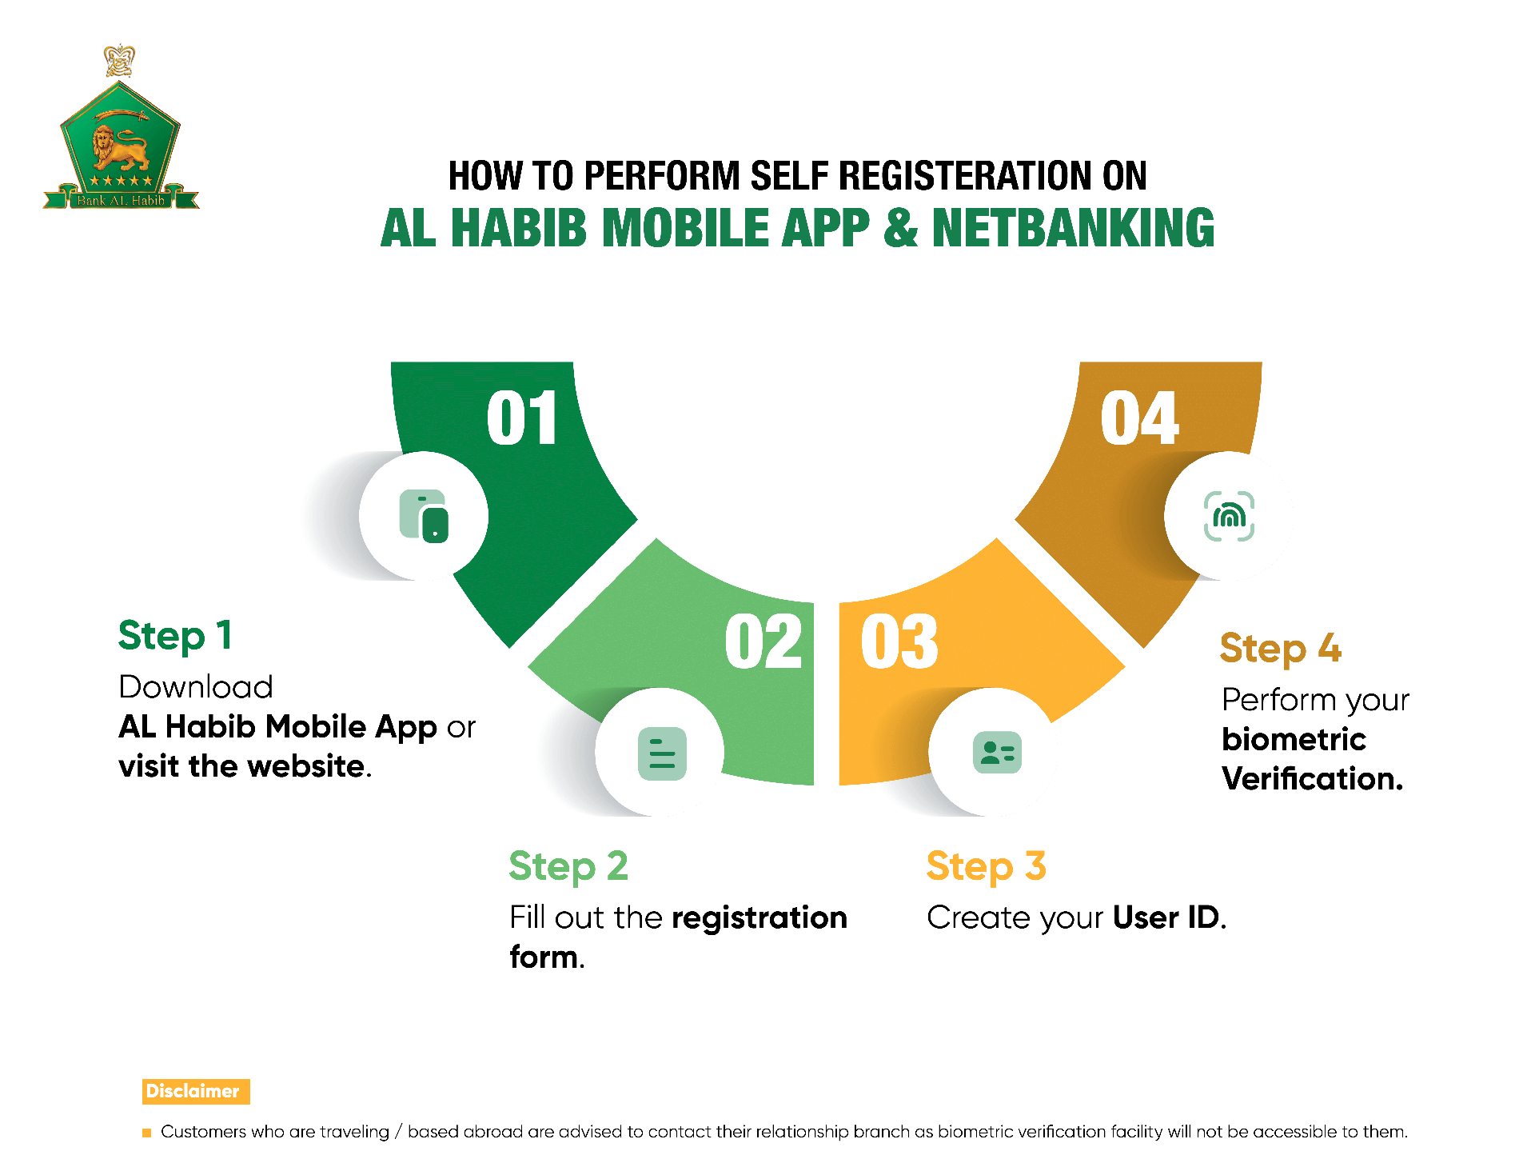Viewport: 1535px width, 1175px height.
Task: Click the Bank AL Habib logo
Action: tap(121, 127)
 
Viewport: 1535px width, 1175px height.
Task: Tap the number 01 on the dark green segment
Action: tap(522, 418)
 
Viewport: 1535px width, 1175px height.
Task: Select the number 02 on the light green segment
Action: tap(764, 641)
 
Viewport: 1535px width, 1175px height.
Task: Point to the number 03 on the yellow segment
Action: tap(899, 641)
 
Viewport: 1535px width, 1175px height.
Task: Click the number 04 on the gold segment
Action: tap(1139, 418)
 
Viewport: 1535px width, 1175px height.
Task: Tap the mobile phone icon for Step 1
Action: tap(424, 516)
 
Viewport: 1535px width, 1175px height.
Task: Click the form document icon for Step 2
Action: tap(662, 753)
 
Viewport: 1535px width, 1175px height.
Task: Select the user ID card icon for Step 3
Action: tap(997, 753)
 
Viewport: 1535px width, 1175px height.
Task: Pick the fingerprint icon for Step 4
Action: tap(1229, 516)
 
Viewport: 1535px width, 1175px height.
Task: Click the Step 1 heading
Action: tap(175, 637)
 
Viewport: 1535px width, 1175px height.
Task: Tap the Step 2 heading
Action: tap(568, 867)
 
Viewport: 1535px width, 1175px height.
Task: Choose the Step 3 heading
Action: tap(986, 867)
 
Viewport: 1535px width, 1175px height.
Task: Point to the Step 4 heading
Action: tap(1281, 649)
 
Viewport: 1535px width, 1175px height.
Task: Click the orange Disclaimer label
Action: tap(196, 1091)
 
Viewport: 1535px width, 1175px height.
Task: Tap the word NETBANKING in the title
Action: tap(1073, 228)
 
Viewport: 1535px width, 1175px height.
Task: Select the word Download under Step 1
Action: tap(196, 687)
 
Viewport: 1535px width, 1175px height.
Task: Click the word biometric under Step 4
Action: tap(1294, 740)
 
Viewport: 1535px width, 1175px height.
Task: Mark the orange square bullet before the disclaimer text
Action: tap(146, 1133)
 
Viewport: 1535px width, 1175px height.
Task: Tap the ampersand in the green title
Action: tap(900, 228)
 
